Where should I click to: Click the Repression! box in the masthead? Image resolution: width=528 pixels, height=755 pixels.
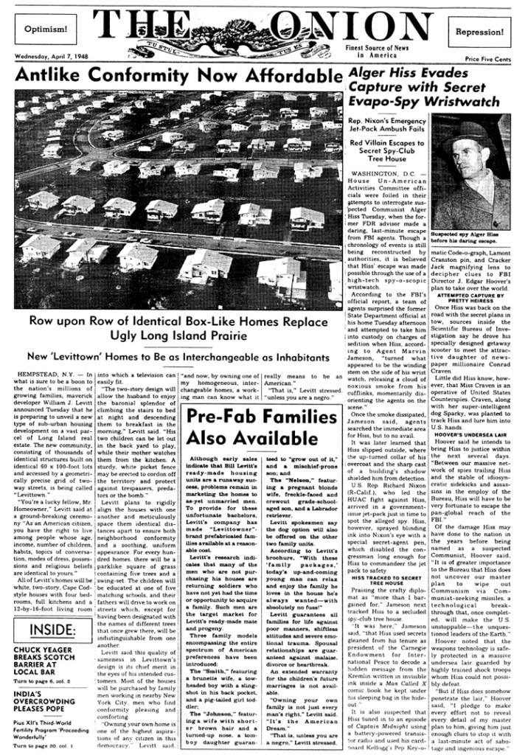tap(479, 32)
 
